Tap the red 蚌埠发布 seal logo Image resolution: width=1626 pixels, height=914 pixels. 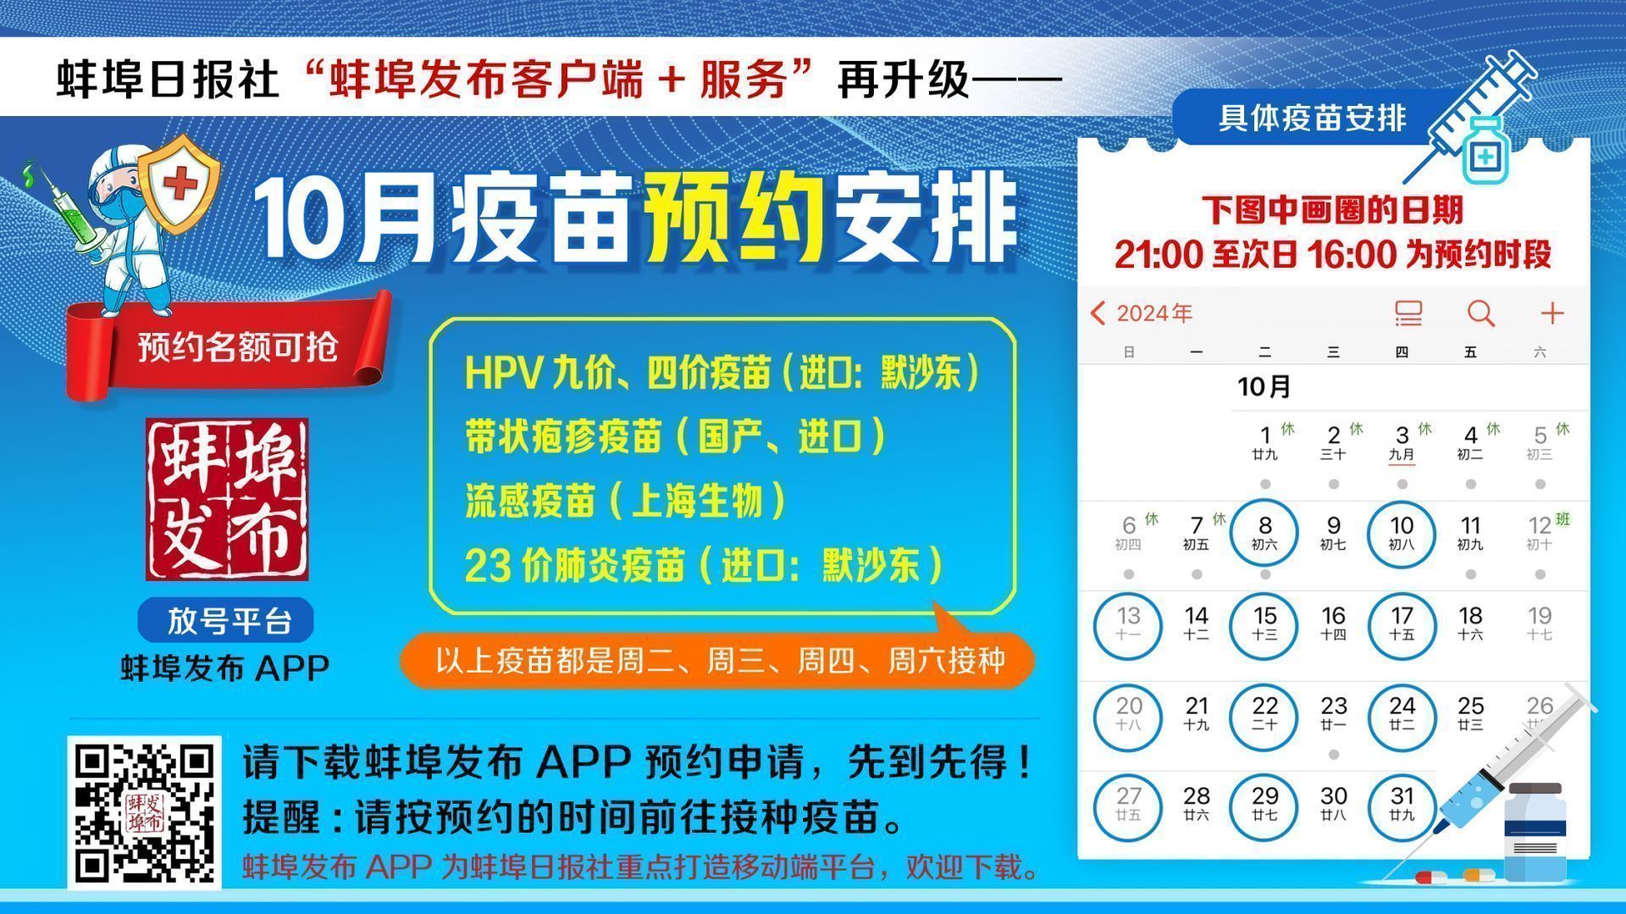pos(227,499)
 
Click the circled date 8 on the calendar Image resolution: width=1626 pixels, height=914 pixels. pos(1264,534)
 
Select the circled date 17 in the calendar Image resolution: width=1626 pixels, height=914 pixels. pos(1402,624)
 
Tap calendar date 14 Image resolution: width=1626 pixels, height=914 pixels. pos(1196,623)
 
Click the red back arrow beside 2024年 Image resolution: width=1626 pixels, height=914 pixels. pos(1098,313)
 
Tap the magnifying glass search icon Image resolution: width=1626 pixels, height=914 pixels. pos(1480,313)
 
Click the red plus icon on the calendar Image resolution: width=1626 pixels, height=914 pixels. pos(1551,313)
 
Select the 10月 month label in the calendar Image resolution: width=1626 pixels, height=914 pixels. pos(1264,387)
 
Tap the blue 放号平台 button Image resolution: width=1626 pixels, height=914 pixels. pos(225,620)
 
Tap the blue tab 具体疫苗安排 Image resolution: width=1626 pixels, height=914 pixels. pos(1311,118)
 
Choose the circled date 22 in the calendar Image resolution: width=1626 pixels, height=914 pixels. pos(1264,715)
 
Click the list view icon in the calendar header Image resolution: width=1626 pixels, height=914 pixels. pos(1408,313)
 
